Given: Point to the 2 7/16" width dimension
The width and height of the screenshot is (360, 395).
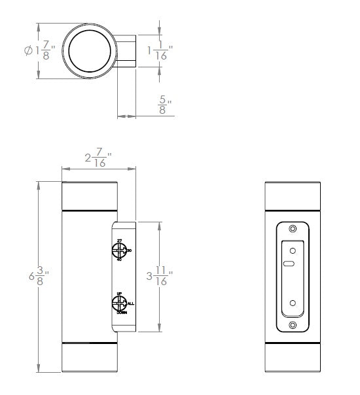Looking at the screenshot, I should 99,159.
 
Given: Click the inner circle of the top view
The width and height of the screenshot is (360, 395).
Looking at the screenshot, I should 90,50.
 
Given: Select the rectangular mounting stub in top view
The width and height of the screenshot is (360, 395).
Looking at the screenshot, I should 127,51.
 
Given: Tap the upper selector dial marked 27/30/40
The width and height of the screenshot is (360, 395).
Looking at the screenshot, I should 119,250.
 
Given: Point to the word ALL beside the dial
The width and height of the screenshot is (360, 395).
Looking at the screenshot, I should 131,304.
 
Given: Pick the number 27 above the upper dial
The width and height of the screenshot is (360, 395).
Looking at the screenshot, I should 119,241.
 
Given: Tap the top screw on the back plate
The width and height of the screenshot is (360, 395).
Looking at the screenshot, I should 293,228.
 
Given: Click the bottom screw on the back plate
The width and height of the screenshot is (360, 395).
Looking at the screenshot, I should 293,325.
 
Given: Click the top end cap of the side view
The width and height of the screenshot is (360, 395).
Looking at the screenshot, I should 90,196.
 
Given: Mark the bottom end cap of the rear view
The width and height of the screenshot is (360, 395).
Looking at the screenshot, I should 293,358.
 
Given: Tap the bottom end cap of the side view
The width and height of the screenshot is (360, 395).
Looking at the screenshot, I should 90,358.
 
